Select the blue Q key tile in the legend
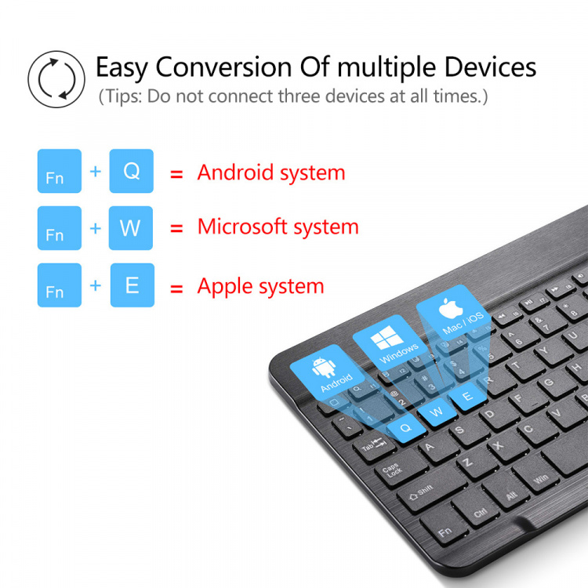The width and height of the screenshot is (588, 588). point(132,171)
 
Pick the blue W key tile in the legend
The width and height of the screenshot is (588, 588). point(131,228)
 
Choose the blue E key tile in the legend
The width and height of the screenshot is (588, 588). point(132,285)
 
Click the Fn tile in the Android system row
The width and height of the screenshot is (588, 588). point(59,172)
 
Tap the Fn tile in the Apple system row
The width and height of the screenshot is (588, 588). point(59,285)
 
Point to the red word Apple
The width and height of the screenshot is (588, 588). point(225,286)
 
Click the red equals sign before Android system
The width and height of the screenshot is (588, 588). point(177,173)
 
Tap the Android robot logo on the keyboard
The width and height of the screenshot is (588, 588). point(321,368)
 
